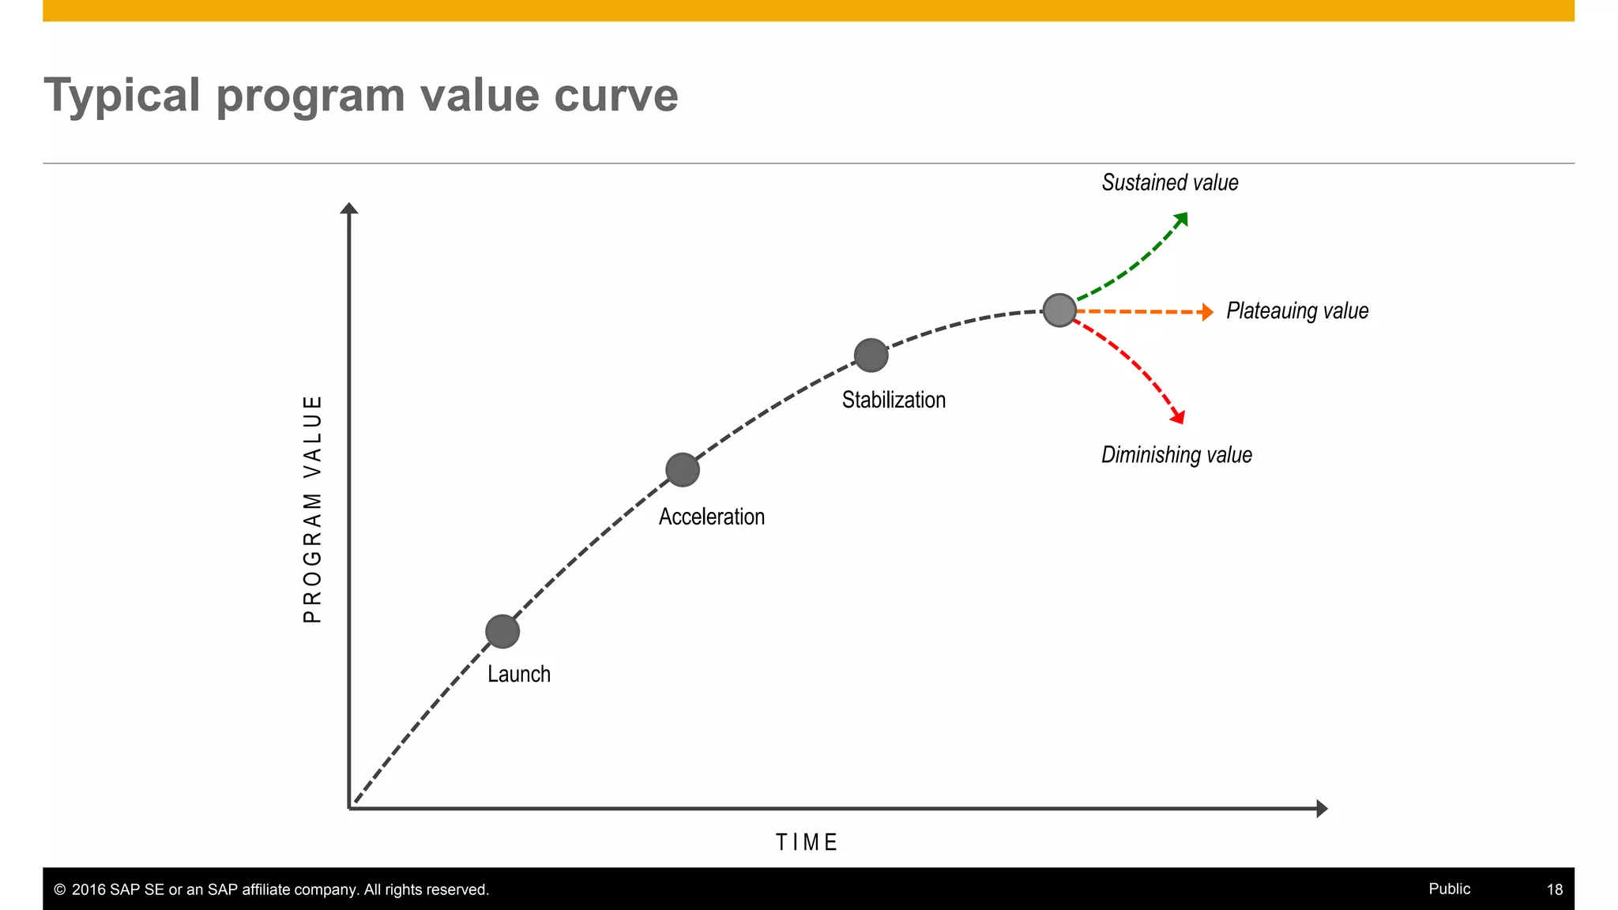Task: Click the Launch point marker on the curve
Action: (x=502, y=631)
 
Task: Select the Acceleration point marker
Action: (x=683, y=470)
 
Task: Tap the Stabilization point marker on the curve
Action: (x=871, y=355)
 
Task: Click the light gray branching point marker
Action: (x=1059, y=310)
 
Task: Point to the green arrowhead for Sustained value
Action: (x=1182, y=218)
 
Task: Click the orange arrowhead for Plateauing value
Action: (x=1207, y=312)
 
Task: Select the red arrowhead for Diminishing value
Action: (x=1178, y=416)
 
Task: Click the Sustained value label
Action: (x=1170, y=182)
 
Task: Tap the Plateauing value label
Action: (x=1297, y=310)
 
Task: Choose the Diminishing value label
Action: (x=1176, y=455)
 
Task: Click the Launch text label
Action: (x=518, y=674)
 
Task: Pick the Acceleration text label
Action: (x=712, y=517)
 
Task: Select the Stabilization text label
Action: (x=894, y=400)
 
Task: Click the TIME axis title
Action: (x=807, y=842)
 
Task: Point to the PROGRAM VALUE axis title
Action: (x=313, y=510)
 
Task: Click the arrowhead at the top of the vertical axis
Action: (x=349, y=208)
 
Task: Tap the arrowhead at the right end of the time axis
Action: (x=1322, y=808)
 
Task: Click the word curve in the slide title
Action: (x=616, y=96)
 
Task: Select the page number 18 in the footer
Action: (x=1554, y=889)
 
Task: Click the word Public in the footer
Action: (x=1449, y=889)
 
